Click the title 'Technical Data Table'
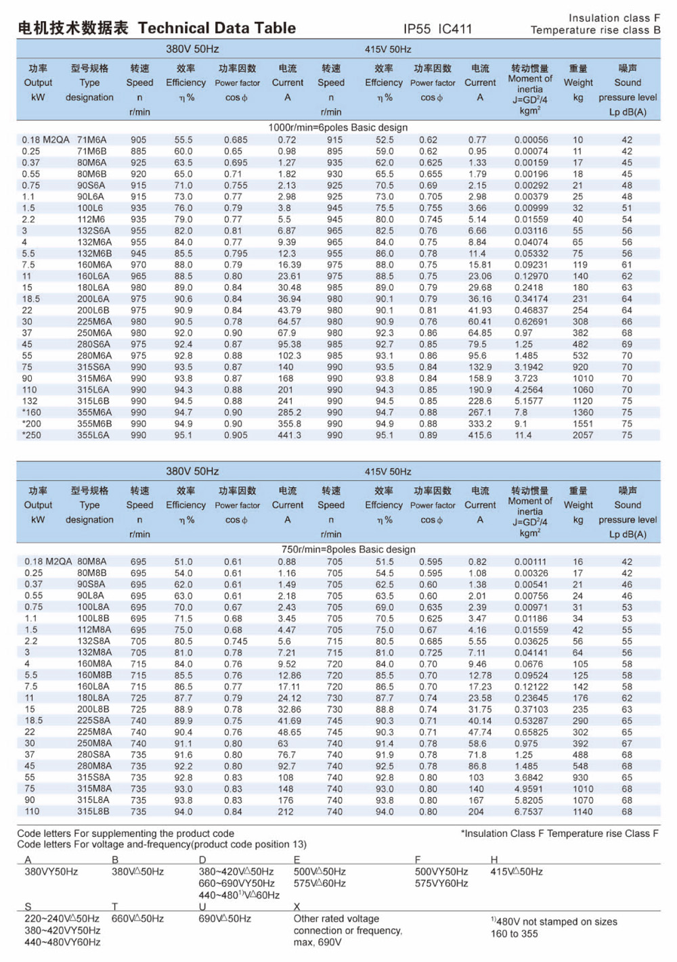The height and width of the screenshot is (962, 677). pyautogui.click(x=217, y=28)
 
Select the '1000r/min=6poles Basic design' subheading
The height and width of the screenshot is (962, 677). pyautogui.click(x=338, y=127)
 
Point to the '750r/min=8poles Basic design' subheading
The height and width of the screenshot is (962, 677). pyautogui.click(x=349, y=549)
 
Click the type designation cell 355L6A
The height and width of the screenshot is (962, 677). pyautogui.click(x=93, y=435)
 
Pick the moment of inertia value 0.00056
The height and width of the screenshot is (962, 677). pyautogui.click(x=531, y=140)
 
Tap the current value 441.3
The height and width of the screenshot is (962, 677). pyautogui.click(x=289, y=435)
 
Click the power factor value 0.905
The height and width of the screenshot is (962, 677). pyautogui.click(x=236, y=435)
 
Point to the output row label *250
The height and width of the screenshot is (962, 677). pyautogui.click(x=32, y=435)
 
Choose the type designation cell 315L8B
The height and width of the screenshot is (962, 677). pyautogui.click(x=93, y=811)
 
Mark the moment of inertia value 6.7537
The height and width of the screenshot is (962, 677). pyautogui.click(x=528, y=811)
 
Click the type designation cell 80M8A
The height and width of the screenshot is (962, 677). pyautogui.click(x=92, y=562)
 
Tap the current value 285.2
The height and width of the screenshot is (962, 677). pyautogui.click(x=289, y=413)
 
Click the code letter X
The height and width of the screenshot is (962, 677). pyautogui.click(x=297, y=907)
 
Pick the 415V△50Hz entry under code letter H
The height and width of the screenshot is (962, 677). pyautogui.click(x=517, y=872)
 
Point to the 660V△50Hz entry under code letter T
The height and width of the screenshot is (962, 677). pyautogui.click(x=137, y=919)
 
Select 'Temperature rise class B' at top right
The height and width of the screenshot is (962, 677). pyautogui.click(x=595, y=30)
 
